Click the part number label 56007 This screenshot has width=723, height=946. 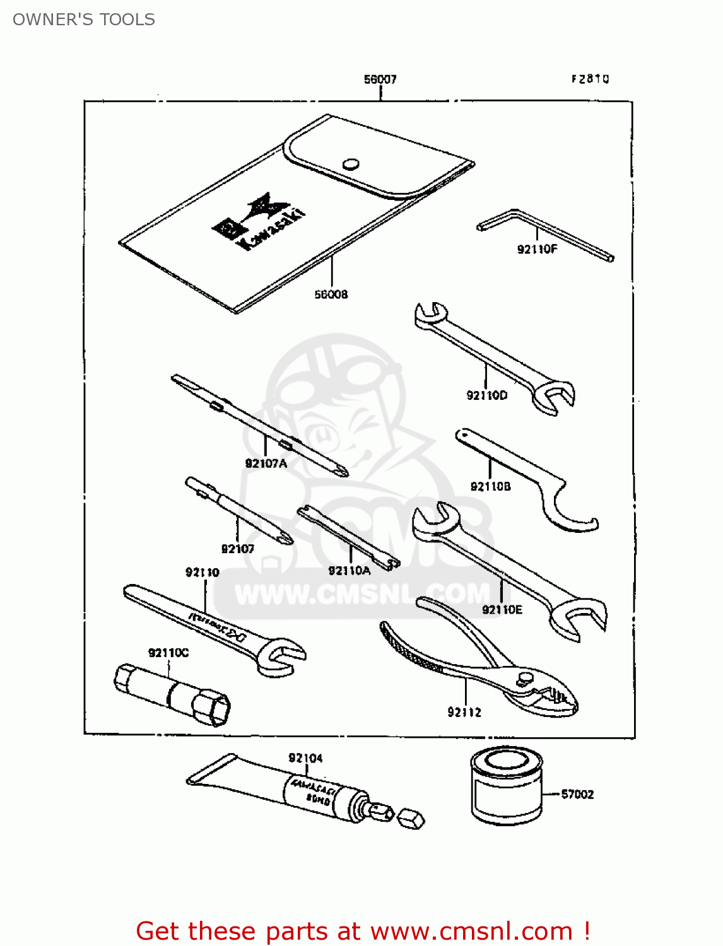(x=380, y=79)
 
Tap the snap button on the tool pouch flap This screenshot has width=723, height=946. (x=351, y=164)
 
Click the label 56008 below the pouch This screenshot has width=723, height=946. (x=331, y=295)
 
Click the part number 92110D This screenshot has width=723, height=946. (x=486, y=395)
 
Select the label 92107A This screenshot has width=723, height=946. (x=266, y=464)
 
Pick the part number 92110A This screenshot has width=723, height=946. (x=349, y=571)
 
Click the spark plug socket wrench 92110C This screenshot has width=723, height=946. (x=172, y=694)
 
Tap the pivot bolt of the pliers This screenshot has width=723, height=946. (x=526, y=679)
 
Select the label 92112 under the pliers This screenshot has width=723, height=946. (x=464, y=712)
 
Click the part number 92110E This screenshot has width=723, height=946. (x=502, y=609)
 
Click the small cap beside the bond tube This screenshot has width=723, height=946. (x=411, y=819)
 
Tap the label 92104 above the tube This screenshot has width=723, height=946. (x=305, y=757)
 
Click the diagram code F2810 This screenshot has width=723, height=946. (x=590, y=79)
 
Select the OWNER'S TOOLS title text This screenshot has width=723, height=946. (x=84, y=20)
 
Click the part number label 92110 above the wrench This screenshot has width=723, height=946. (x=202, y=572)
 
